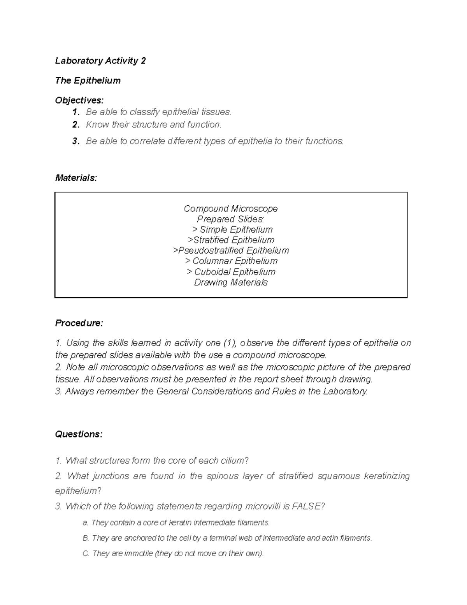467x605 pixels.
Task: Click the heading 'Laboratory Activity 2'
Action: [x=100, y=61]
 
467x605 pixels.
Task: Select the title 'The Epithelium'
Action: [x=88, y=81]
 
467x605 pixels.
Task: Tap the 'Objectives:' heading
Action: [x=79, y=101]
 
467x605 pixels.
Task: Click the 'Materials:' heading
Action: [x=76, y=178]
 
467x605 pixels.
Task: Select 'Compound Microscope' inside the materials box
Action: [x=231, y=209]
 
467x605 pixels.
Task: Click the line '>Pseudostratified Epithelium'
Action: [x=231, y=250]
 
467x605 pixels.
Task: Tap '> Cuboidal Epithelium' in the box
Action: [x=231, y=272]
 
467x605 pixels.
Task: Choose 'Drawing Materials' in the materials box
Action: [x=231, y=282]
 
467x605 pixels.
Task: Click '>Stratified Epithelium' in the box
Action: [x=231, y=240]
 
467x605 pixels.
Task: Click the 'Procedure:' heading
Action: [x=79, y=323]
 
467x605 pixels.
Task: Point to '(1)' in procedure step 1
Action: [x=229, y=343]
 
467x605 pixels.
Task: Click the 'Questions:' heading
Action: [x=79, y=434]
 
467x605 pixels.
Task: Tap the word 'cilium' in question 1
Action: [x=232, y=461]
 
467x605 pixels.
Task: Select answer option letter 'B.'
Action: [x=86, y=538]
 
